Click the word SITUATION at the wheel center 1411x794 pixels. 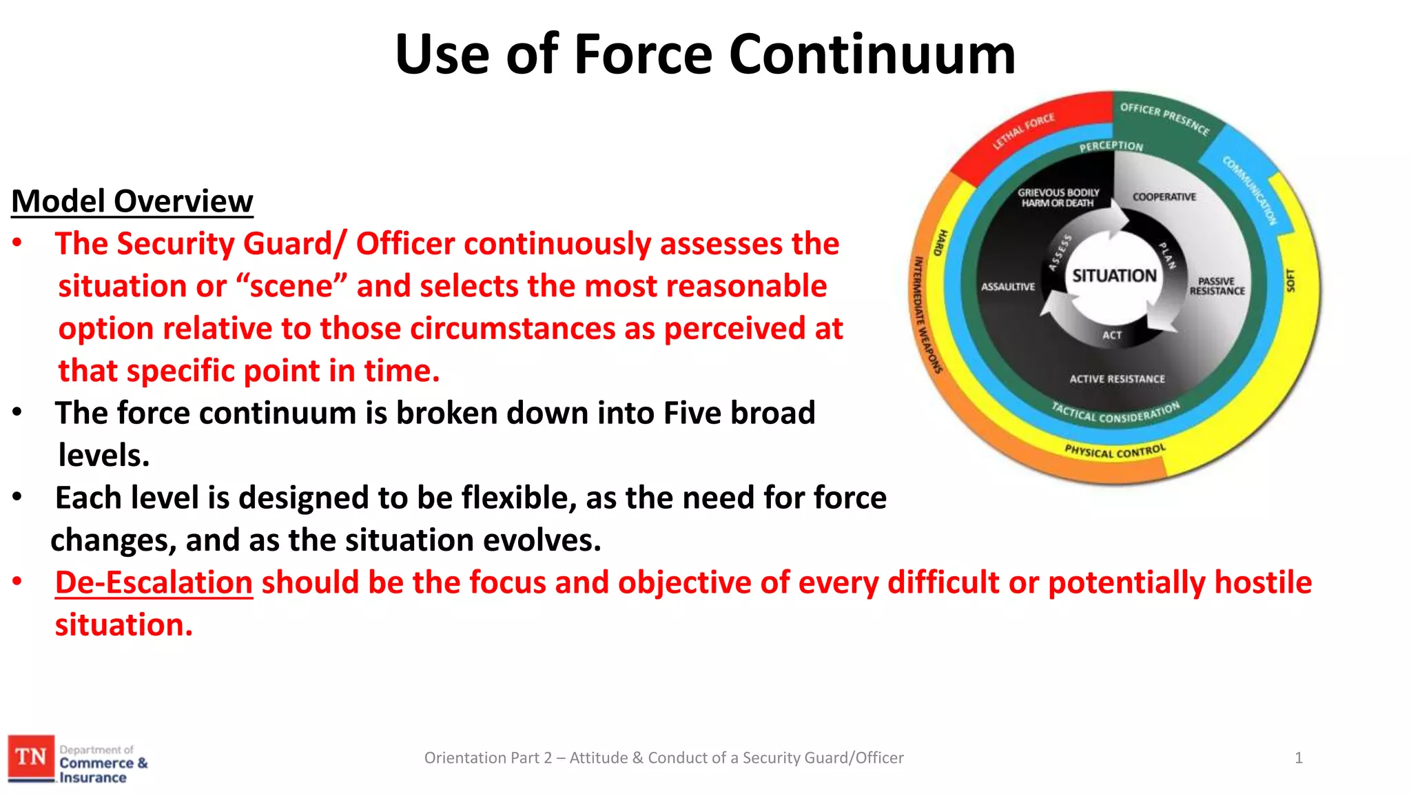point(1114,276)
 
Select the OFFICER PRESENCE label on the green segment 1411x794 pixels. point(1164,118)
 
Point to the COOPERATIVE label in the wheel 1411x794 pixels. point(1164,197)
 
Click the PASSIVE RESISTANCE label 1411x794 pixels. point(1217,286)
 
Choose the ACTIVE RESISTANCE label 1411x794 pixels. point(1117,379)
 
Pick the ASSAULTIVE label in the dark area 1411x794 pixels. point(1008,287)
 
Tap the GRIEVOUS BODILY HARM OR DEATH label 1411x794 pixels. point(1058,198)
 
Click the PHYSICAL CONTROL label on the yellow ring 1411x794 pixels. point(1115,451)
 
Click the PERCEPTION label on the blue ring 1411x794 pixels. point(1111,146)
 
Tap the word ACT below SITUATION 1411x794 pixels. point(1112,335)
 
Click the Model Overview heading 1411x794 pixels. point(132,201)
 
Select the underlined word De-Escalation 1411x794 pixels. point(154,582)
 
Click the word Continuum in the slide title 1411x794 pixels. point(872,55)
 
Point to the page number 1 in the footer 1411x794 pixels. point(1298,758)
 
